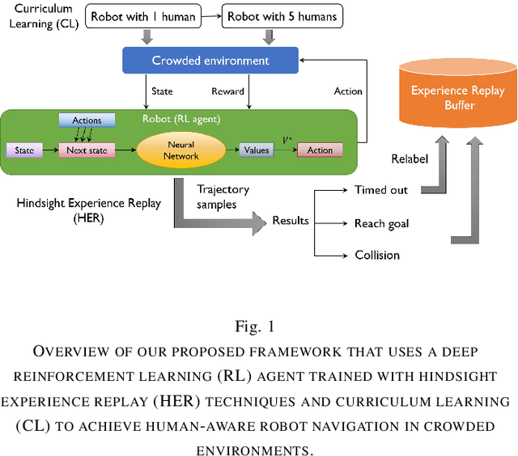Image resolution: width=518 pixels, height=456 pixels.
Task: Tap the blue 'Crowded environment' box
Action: [210, 61]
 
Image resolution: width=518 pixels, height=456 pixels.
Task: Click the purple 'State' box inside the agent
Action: [24, 150]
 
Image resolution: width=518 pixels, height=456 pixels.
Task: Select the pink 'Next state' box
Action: [87, 150]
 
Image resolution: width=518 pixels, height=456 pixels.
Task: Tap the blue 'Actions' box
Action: [87, 120]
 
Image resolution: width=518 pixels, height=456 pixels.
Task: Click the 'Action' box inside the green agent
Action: [320, 150]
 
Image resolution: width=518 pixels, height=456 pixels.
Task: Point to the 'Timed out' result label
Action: [381, 191]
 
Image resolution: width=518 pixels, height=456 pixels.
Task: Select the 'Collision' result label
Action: [377, 255]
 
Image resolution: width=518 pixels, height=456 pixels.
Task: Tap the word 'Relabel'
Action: [409, 159]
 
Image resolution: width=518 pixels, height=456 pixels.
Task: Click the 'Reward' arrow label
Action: [227, 91]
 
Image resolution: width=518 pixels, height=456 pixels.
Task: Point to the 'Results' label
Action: [291, 221]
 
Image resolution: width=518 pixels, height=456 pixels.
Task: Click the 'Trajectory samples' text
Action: [223, 196]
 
